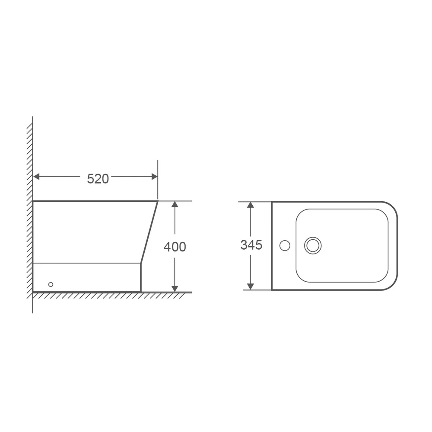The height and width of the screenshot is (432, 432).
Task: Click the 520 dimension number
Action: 98,179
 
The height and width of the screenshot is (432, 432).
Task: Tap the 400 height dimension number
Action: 175,247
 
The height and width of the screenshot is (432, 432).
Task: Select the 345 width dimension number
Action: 251,245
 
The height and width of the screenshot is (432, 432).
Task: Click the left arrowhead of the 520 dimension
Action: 36,177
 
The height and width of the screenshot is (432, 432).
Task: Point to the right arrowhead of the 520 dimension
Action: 155,177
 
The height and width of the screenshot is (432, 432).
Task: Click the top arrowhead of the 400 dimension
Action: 175,204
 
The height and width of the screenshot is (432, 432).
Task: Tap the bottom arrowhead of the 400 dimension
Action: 175,289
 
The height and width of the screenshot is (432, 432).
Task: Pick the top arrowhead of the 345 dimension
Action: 251,205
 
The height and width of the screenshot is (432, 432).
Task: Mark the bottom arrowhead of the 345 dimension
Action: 251,286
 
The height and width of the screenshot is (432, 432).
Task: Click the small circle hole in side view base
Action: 51,284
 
